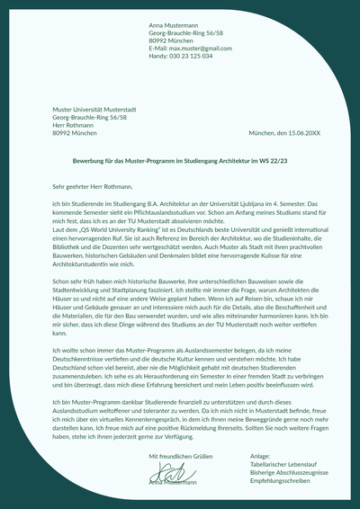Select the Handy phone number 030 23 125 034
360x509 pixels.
pyautogui.click(x=192, y=56)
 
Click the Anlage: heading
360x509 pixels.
pyautogui.click(x=259, y=457)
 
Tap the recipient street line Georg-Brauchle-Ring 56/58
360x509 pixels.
pyautogui.click(x=89, y=118)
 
